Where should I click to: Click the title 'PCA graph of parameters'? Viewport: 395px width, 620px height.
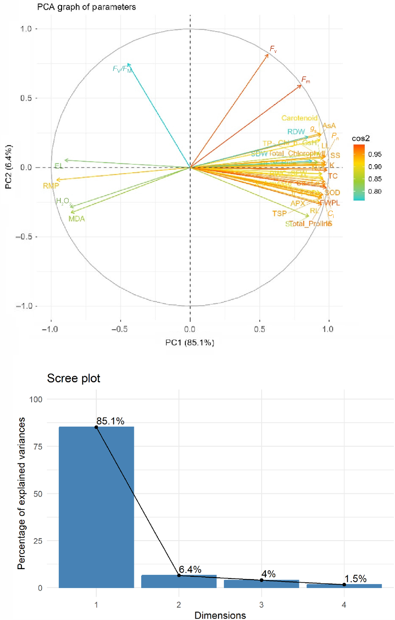[86, 7]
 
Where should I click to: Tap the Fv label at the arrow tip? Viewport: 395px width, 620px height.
[273, 49]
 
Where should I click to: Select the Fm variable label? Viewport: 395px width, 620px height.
[305, 80]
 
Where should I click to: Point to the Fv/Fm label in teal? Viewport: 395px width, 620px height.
[122, 69]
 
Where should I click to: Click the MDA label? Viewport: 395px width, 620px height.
[77, 219]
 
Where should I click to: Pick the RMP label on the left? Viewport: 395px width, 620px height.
[51, 186]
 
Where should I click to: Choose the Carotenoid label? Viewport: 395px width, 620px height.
[299, 118]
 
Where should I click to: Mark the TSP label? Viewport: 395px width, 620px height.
[279, 214]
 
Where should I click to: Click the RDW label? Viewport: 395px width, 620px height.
[296, 132]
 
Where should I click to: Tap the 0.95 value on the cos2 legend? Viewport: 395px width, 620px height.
[375, 154]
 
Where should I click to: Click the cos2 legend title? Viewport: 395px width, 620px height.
[360, 138]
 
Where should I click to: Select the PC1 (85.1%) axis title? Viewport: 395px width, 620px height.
[190, 343]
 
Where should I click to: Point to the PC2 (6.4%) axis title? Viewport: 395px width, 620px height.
[9, 167]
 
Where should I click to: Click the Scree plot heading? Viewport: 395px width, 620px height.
[73, 378]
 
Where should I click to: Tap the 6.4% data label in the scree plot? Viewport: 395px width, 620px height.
[190, 569]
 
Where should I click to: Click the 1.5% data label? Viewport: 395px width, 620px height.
[355, 579]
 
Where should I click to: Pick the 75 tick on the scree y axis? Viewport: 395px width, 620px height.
[38, 447]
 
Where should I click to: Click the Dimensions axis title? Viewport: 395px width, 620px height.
[220, 615]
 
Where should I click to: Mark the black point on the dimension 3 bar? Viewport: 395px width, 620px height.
[261, 580]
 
